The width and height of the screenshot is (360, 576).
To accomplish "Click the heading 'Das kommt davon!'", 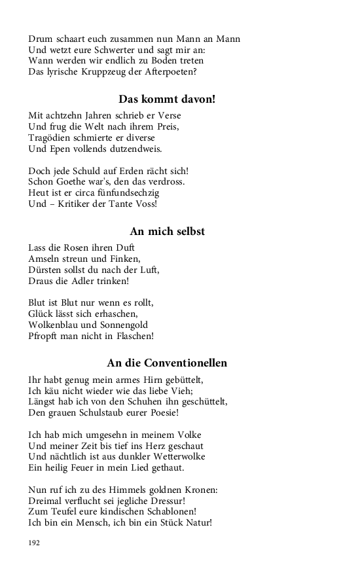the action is click(167, 99).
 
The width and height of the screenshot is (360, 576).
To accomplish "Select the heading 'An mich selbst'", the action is click(167, 231).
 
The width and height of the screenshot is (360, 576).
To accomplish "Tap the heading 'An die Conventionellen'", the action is click(167, 363).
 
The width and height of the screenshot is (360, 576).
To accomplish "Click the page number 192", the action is click(35, 542).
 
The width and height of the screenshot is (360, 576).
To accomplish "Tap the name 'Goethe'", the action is click(75, 181).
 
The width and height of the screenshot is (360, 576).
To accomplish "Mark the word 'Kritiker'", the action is click(78, 204).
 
